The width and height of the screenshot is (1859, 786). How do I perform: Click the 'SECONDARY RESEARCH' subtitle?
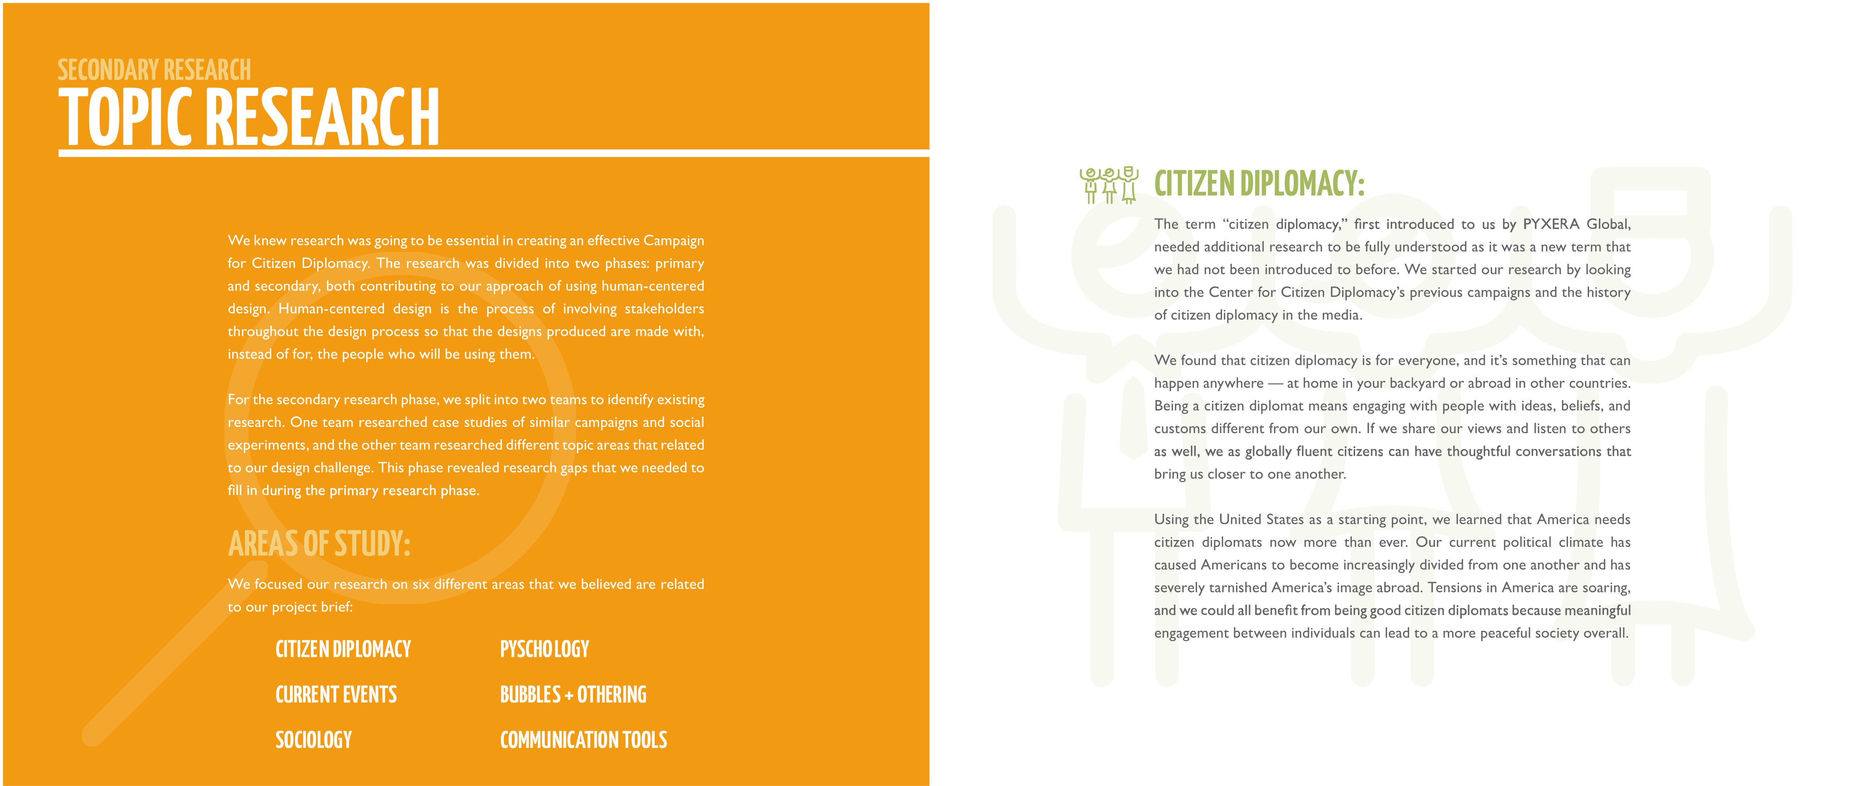(154, 70)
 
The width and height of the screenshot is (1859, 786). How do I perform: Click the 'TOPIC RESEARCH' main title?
(249, 117)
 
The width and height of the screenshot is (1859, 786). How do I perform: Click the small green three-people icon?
(1108, 185)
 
